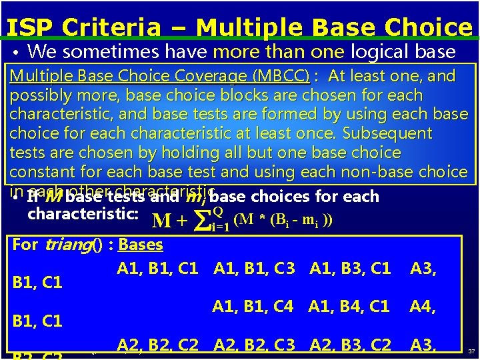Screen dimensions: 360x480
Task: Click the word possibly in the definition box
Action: [39, 95]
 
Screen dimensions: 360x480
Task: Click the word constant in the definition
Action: [43, 172]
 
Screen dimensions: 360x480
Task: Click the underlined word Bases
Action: [141, 245]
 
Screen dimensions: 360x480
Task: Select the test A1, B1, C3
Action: [254, 269]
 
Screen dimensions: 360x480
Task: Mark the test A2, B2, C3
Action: [254, 345]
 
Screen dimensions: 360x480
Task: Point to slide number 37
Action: [471, 351]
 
